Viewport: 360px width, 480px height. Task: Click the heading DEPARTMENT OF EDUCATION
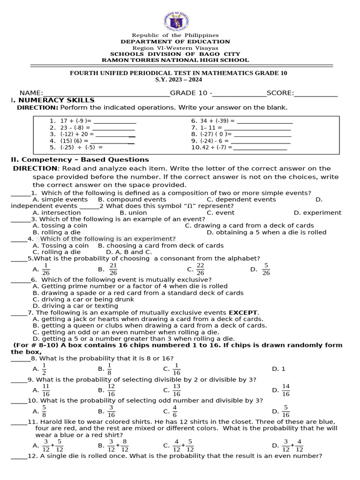175,42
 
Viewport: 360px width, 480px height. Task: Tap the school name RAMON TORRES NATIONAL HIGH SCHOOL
175,60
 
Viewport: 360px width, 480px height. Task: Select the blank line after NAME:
106,93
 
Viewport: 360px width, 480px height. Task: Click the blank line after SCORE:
315,93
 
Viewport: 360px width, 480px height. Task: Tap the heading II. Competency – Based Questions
80,159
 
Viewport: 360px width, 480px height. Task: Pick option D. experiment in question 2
317,212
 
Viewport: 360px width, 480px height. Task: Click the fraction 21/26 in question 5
113,269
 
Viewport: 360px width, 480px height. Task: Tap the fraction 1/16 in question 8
176,369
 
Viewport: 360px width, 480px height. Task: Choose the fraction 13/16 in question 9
176,390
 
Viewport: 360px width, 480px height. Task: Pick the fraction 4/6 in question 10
174,411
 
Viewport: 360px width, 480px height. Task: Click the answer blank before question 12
19,456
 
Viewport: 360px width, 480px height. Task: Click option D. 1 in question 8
278,369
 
